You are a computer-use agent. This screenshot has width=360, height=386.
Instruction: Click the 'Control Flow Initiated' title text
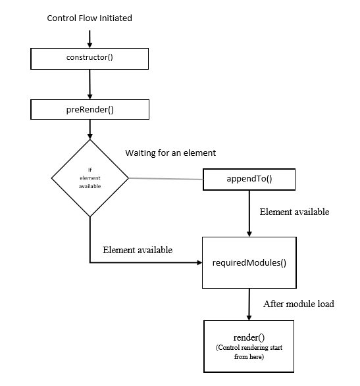click(90, 18)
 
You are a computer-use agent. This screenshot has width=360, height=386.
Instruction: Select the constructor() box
click(90, 59)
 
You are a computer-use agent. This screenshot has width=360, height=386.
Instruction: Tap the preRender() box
click(90, 110)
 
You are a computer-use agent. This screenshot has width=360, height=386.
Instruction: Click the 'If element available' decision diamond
click(90, 178)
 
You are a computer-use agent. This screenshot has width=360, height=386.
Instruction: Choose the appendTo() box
click(249, 180)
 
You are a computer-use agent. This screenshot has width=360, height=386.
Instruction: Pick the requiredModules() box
click(249, 262)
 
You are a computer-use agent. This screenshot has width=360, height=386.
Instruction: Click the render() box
click(249, 347)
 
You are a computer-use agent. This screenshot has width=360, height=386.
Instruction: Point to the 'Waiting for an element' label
click(170, 153)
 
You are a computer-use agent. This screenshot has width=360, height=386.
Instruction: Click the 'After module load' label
click(299, 304)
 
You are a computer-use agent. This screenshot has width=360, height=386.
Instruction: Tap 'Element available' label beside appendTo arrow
click(294, 212)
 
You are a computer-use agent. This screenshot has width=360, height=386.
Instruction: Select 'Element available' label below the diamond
click(138, 250)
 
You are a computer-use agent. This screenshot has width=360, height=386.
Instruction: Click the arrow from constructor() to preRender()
click(90, 84)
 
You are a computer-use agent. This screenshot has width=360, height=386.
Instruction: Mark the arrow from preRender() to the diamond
click(90, 130)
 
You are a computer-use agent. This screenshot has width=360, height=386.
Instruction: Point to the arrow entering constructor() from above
click(90, 39)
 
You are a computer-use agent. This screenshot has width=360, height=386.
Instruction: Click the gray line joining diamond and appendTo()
click(166, 179)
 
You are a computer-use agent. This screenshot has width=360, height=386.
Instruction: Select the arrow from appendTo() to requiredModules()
click(249, 214)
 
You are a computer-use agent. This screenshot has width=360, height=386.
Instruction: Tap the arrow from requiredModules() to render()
click(249, 304)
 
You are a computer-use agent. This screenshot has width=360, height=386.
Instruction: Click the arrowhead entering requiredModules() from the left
click(199, 262)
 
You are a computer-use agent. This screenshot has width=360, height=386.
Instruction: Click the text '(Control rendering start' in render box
click(249, 348)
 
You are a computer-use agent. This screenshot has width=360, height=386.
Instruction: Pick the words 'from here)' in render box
click(249, 356)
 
